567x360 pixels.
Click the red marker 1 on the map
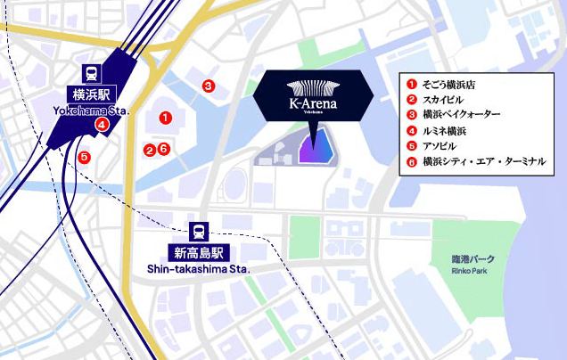point(165,117)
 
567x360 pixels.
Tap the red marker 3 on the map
point(208,86)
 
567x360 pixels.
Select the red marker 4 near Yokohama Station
point(103,125)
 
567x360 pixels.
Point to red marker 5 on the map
point(84,158)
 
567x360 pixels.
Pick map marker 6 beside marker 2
point(163,149)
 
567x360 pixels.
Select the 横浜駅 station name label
point(91,94)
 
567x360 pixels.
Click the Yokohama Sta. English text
point(91,111)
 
